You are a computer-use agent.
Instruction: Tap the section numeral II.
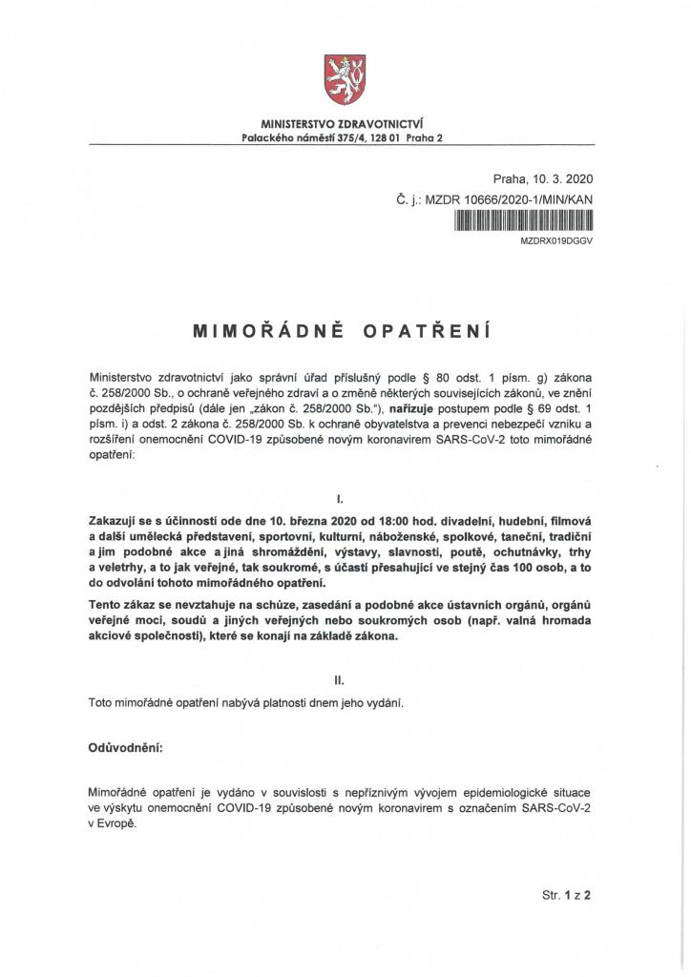(341, 680)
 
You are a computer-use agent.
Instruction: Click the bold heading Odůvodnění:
(125, 748)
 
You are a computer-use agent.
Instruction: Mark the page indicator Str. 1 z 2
(567, 896)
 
